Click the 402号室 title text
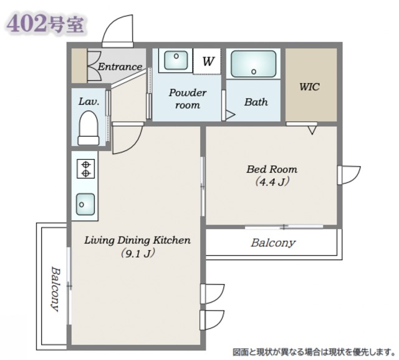click(x=43, y=23)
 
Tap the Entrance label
click(x=120, y=66)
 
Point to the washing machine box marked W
click(x=208, y=62)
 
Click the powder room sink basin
click(x=176, y=61)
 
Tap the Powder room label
click(x=187, y=99)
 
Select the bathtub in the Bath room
click(x=254, y=64)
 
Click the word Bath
click(x=256, y=102)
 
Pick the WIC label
click(x=309, y=87)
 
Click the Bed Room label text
click(x=272, y=169)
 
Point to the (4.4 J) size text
click(x=272, y=182)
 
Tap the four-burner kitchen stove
click(x=85, y=168)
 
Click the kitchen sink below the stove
click(x=85, y=203)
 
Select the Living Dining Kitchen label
click(x=137, y=240)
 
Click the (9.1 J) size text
click(x=137, y=253)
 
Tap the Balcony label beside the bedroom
click(x=273, y=243)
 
